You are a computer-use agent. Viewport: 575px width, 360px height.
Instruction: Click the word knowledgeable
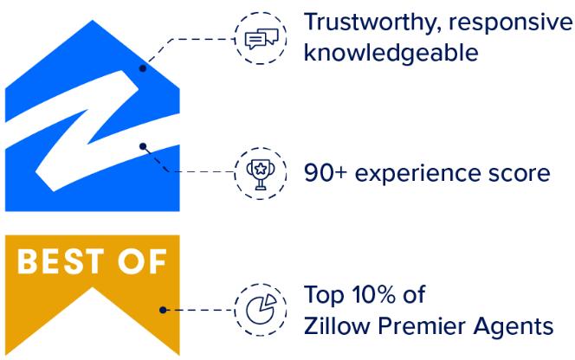391,54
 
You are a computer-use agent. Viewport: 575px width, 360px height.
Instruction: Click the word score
515,173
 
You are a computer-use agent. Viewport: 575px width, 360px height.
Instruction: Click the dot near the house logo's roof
143,67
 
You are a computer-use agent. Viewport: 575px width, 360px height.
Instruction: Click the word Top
322,295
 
